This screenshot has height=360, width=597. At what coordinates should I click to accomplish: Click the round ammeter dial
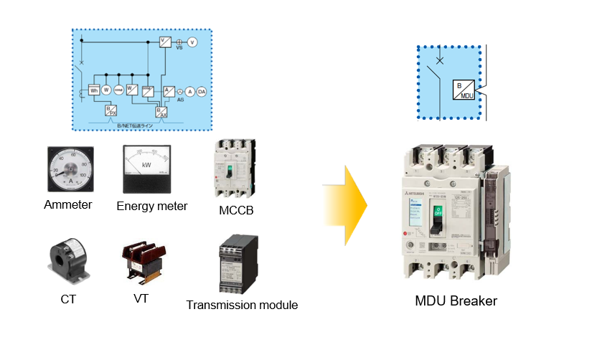[69, 169]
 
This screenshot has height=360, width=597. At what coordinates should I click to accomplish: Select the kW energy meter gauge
[146, 168]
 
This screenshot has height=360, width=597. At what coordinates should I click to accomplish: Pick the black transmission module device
[238, 265]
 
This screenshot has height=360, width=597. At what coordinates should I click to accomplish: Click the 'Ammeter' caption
[68, 204]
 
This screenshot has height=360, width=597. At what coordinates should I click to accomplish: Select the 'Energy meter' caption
[152, 207]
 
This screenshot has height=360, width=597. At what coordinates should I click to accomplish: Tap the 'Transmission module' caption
[242, 305]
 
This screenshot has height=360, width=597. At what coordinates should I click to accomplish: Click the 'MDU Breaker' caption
[456, 300]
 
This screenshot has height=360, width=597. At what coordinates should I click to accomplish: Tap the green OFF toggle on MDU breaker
[438, 213]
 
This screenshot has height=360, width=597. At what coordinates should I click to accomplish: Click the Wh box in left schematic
[93, 90]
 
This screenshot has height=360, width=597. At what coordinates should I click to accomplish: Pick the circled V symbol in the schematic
[192, 43]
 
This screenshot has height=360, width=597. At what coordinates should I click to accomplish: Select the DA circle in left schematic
[202, 91]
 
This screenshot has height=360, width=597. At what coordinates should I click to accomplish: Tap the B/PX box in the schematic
[111, 110]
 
